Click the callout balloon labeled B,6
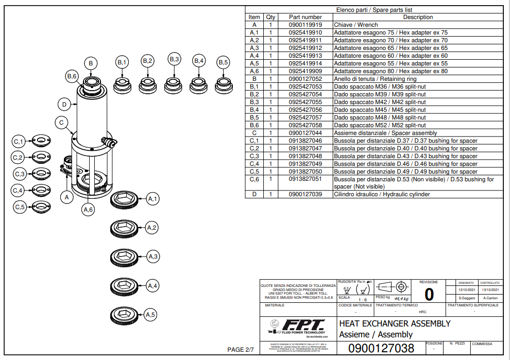[x=72, y=76]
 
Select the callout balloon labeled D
[x=64, y=105]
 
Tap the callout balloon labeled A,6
[x=88, y=209]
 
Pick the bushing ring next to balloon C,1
[x=40, y=141]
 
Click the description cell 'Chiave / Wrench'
[x=355, y=25]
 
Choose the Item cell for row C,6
[x=254, y=179]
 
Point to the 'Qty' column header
[x=270, y=17]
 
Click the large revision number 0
[x=429, y=294]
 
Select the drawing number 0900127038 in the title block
[x=381, y=349]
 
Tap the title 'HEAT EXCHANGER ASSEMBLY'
[x=395, y=323]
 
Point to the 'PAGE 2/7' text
[x=241, y=350]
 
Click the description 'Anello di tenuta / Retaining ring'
[x=375, y=79]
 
